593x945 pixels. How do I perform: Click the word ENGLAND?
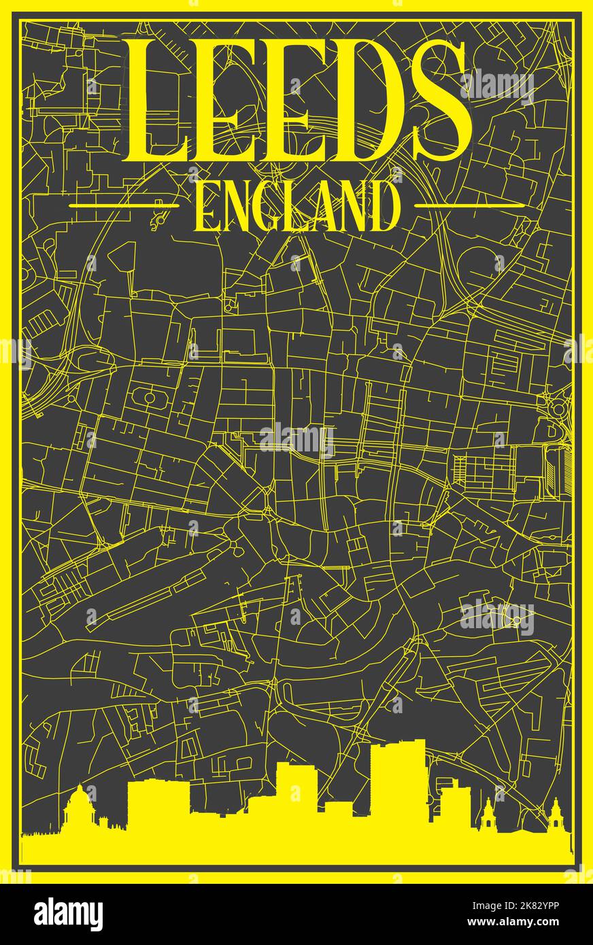pyautogui.click(x=297, y=205)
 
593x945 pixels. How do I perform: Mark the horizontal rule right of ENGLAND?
pyautogui.click(x=469, y=205)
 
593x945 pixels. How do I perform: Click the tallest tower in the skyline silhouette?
pyautogui.click(x=397, y=782)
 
